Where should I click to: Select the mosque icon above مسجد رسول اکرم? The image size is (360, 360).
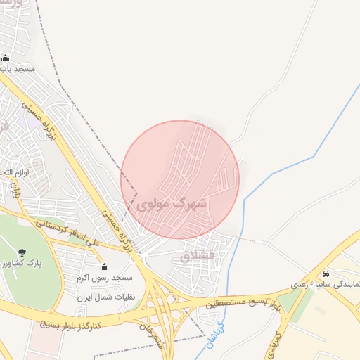click(105, 266)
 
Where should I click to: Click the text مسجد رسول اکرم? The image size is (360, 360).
click(105, 278)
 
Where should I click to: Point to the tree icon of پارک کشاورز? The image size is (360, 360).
click(22, 252)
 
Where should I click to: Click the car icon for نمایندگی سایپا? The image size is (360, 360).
click(325, 274)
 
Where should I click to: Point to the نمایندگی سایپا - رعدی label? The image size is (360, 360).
click(324, 285)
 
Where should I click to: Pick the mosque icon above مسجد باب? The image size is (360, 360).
click(6, 58)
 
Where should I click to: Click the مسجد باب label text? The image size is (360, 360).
click(17, 70)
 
